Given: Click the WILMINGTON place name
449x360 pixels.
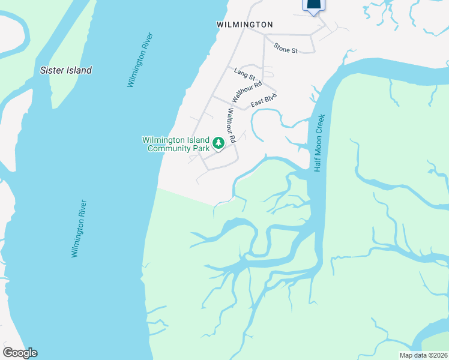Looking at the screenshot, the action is (244, 25).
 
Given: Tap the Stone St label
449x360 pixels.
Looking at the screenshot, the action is (286, 48).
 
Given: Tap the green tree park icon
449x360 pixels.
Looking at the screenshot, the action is (219, 143).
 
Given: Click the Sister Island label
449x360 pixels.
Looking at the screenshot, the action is (66, 70).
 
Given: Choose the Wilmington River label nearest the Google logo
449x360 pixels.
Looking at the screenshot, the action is (79, 229).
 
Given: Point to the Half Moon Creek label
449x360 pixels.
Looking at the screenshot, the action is (320, 142).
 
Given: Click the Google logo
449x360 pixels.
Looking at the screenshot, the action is (20, 353).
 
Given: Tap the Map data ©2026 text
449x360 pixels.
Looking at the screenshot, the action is (424, 355).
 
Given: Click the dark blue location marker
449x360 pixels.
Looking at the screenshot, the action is (313, 5).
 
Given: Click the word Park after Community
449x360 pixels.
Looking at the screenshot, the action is (200, 148).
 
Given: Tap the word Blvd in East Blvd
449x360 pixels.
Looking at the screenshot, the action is (271, 97).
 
